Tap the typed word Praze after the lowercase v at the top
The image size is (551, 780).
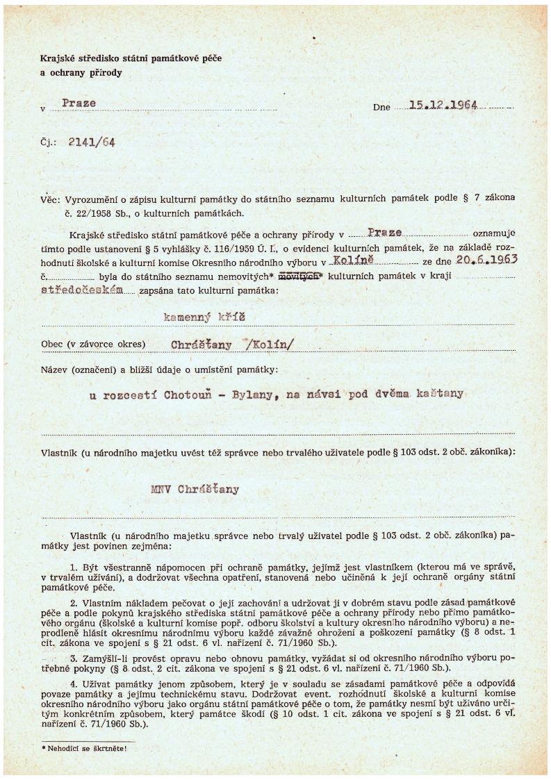coord(79,103)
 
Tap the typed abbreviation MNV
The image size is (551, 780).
coord(161,488)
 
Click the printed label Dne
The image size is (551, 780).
coord(381,108)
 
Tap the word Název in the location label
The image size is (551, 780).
coord(56,370)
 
